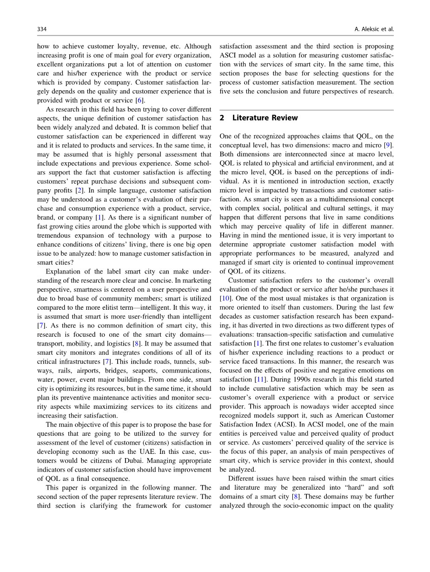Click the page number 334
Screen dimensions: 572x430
42,29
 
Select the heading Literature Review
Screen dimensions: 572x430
265,118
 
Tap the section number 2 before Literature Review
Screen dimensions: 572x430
222,118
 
